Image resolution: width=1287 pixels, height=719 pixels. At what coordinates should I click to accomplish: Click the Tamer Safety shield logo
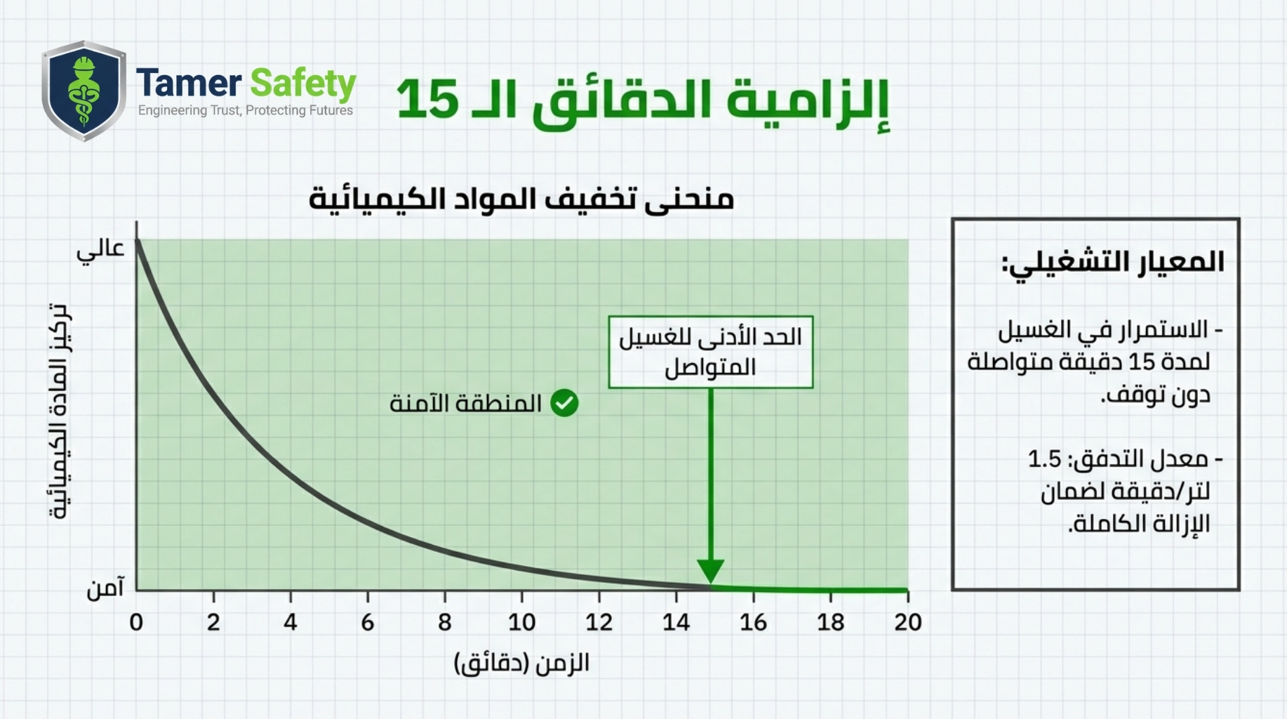click(84, 91)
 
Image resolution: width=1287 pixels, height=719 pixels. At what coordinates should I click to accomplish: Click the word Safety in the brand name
click(303, 84)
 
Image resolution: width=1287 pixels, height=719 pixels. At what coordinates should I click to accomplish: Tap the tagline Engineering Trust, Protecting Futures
click(246, 110)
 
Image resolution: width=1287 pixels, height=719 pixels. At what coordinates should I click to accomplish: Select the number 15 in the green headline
click(428, 99)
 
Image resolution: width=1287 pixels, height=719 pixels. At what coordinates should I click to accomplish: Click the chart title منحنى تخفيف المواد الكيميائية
click(521, 199)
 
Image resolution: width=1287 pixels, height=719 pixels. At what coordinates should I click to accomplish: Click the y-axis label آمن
click(105, 588)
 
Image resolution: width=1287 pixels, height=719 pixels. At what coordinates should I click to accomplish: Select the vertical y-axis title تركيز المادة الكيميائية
click(60, 411)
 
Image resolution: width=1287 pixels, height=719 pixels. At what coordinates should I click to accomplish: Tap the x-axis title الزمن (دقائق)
click(521, 663)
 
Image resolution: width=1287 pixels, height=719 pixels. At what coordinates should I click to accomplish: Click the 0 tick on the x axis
click(136, 622)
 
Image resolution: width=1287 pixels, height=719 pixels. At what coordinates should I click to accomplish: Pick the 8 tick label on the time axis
click(445, 622)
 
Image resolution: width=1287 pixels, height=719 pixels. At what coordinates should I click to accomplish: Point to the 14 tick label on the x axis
click(676, 622)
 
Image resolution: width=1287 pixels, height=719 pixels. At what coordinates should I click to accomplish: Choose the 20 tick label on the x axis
click(908, 622)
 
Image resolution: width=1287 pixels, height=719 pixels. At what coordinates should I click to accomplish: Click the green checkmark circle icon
click(564, 403)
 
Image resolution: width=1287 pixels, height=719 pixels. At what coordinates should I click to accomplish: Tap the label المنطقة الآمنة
click(465, 404)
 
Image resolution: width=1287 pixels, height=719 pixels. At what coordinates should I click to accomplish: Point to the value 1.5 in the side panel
click(1044, 459)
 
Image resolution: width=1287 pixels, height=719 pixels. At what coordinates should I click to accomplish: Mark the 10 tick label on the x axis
click(521, 622)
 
